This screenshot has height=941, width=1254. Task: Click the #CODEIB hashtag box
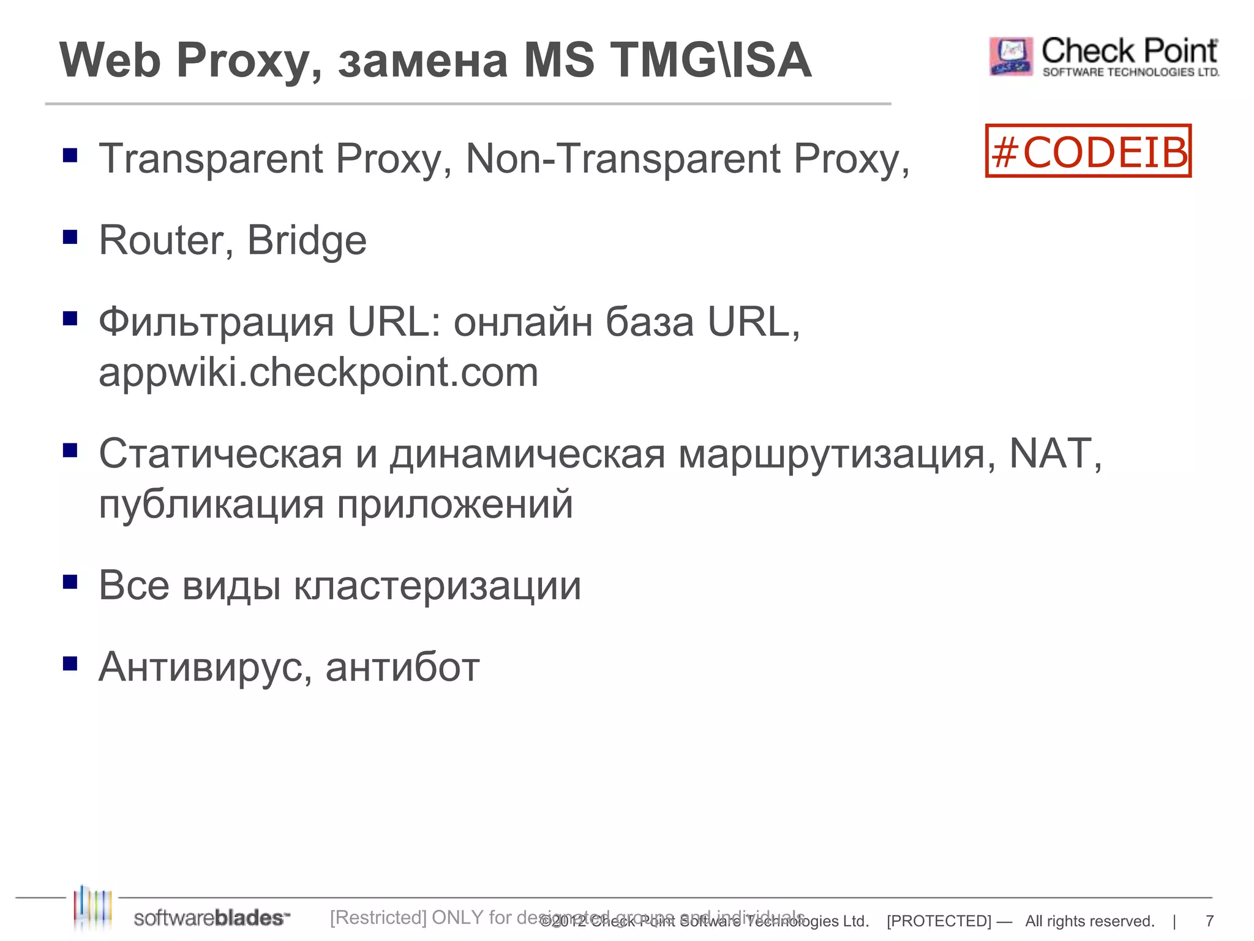pyautogui.click(x=1088, y=151)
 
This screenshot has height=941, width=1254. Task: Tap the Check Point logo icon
pyautogui.click(x=1011, y=56)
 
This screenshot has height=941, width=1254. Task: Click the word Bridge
pyautogui.click(x=307, y=241)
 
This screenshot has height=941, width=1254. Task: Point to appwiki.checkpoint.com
pyautogui.click(x=318, y=372)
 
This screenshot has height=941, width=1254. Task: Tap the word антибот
pyautogui.click(x=402, y=667)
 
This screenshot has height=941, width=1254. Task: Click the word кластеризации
pyautogui.click(x=437, y=586)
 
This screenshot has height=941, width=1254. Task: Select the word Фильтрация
pyautogui.click(x=216, y=322)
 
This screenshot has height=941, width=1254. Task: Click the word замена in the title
pyautogui.click(x=423, y=61)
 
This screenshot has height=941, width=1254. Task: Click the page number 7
pyautogui.click(x=1209, y=921)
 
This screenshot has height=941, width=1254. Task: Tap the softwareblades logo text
pyautogui.click(x=211, y=918)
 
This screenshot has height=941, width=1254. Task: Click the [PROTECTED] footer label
pyautogui.click(x=939, y=921)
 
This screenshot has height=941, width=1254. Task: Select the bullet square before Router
pyautogui.click(x=70, y=236)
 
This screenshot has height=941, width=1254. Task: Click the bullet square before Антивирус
pyautogui.click(x=70, y=663)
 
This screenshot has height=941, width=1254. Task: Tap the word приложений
pyautogui.click(x=455, y=505)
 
